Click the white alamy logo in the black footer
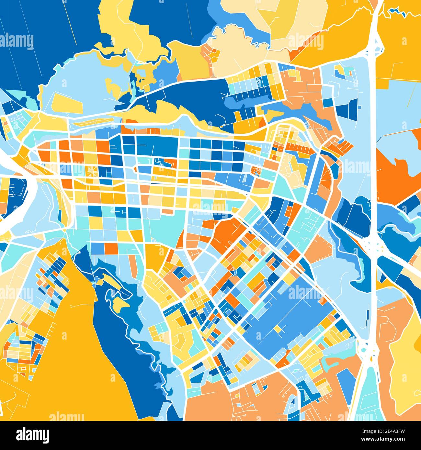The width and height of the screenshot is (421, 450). click(32, 435)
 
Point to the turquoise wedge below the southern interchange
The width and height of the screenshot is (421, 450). click(366, 395)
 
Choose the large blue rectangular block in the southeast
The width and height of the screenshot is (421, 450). click(291, 317)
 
